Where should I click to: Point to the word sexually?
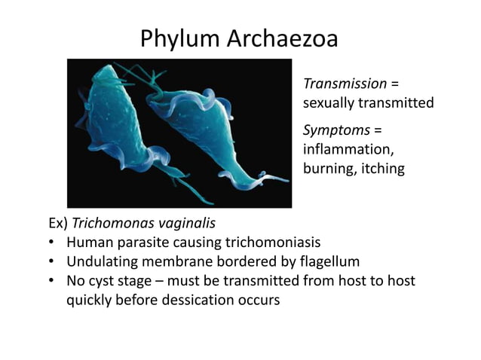coord(329,102)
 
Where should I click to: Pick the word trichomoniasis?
coord(274,243)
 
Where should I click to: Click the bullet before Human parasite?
coord(50,243)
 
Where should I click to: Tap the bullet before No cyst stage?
coord(50,280)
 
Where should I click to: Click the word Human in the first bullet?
coord(88,243)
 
